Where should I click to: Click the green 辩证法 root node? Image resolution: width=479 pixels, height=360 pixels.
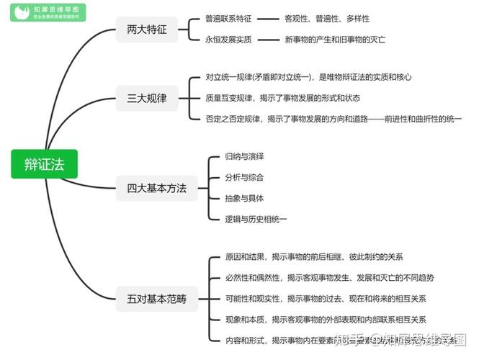point(44,165)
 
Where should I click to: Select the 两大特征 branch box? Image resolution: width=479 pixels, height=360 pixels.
point(147,29)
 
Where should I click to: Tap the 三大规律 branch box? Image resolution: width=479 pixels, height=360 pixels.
point(147,99)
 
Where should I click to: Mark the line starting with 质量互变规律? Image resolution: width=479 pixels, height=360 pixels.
point(282,97)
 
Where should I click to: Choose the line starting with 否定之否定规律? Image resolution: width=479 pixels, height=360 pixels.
point(333,118)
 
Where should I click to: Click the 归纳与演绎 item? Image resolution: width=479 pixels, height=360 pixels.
point(244,156)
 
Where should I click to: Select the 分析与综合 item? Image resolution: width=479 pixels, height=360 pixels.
point(244,177)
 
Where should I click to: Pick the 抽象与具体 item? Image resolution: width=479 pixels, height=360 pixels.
point(244,198)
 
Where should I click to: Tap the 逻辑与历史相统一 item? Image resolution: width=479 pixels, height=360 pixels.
point(255,218)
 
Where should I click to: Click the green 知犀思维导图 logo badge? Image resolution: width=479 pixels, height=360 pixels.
point(48,12)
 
